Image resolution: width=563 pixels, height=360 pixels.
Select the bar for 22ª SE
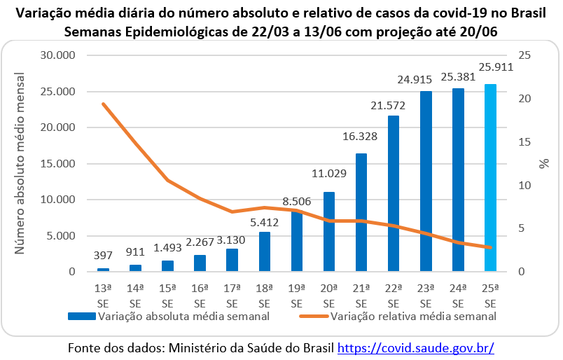394,193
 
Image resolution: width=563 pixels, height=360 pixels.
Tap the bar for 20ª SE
328,231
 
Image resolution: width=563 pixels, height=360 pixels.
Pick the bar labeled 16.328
361,212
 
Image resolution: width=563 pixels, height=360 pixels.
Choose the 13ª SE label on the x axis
103,295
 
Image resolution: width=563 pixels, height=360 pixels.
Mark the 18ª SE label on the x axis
264,295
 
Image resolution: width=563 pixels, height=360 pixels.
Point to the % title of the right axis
544,163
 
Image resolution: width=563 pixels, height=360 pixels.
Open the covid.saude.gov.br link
416,347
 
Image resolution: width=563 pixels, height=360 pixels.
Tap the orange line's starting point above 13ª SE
103,104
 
